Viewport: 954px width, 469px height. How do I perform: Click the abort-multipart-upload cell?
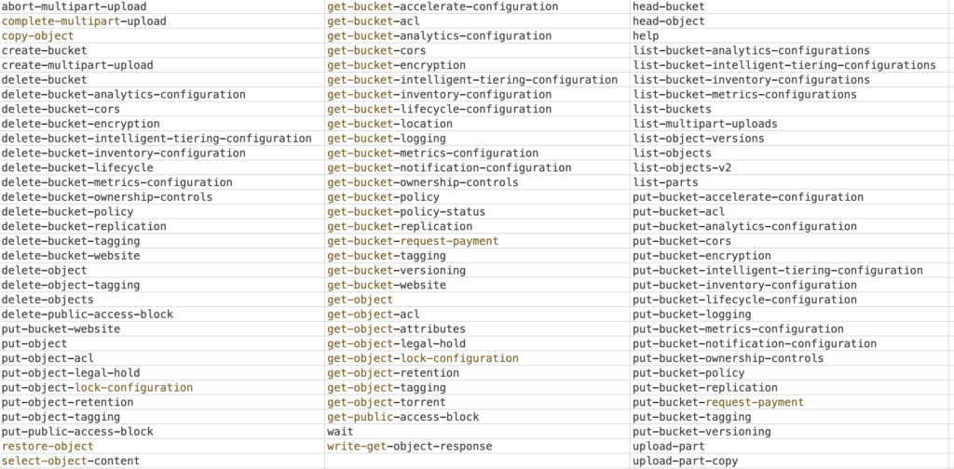point(75,7)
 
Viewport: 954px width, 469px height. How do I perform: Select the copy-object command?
point(37,36)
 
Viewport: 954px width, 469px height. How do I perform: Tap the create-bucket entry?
point(45,50)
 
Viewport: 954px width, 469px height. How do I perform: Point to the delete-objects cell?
point(48,300)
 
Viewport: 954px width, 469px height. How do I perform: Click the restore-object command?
point(48,447)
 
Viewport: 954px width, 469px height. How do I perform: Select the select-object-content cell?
point(71,462)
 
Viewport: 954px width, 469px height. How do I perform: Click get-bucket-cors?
point(376,50)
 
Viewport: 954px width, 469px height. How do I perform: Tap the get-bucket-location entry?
point(390,124)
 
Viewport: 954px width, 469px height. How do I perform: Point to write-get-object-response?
point(410,447)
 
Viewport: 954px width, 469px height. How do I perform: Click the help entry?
point(647,36)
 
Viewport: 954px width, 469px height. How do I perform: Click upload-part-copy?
point(685,462)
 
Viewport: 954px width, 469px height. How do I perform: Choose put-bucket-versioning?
point(702,432)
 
